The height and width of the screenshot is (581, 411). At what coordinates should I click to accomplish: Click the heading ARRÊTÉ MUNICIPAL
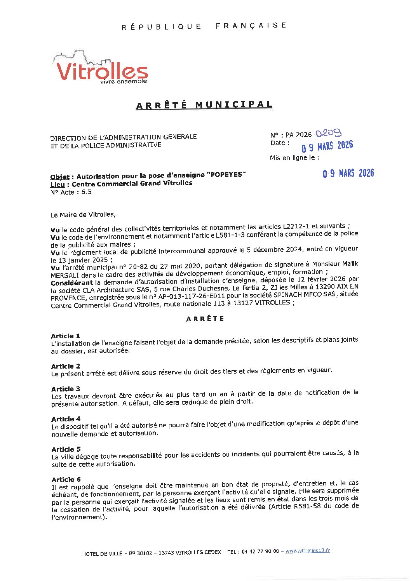tap(204, 105)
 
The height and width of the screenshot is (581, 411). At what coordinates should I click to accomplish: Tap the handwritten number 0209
tap(328, 133)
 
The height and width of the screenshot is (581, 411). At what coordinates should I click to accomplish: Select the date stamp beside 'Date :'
tap(327, 146)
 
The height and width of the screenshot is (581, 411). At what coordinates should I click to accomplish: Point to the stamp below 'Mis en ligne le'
tap(348, 173)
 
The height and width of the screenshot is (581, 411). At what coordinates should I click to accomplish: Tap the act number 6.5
tap(86, 192)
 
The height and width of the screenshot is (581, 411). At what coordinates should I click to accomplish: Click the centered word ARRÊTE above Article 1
tap(205, 319)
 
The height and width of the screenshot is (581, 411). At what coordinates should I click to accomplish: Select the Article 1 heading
tap(65, 336)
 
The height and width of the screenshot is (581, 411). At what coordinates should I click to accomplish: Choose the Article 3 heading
tap(65, 389)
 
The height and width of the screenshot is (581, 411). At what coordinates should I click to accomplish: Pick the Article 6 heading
tap(66, 480)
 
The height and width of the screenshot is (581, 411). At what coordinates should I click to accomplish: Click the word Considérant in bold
tap(72, 283)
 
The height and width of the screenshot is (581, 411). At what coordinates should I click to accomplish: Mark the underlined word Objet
tap(60, 177)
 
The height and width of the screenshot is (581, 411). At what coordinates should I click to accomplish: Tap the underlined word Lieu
tap(57, 184)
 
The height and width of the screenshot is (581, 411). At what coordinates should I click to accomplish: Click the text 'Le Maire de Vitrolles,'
tap(83, 214)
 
